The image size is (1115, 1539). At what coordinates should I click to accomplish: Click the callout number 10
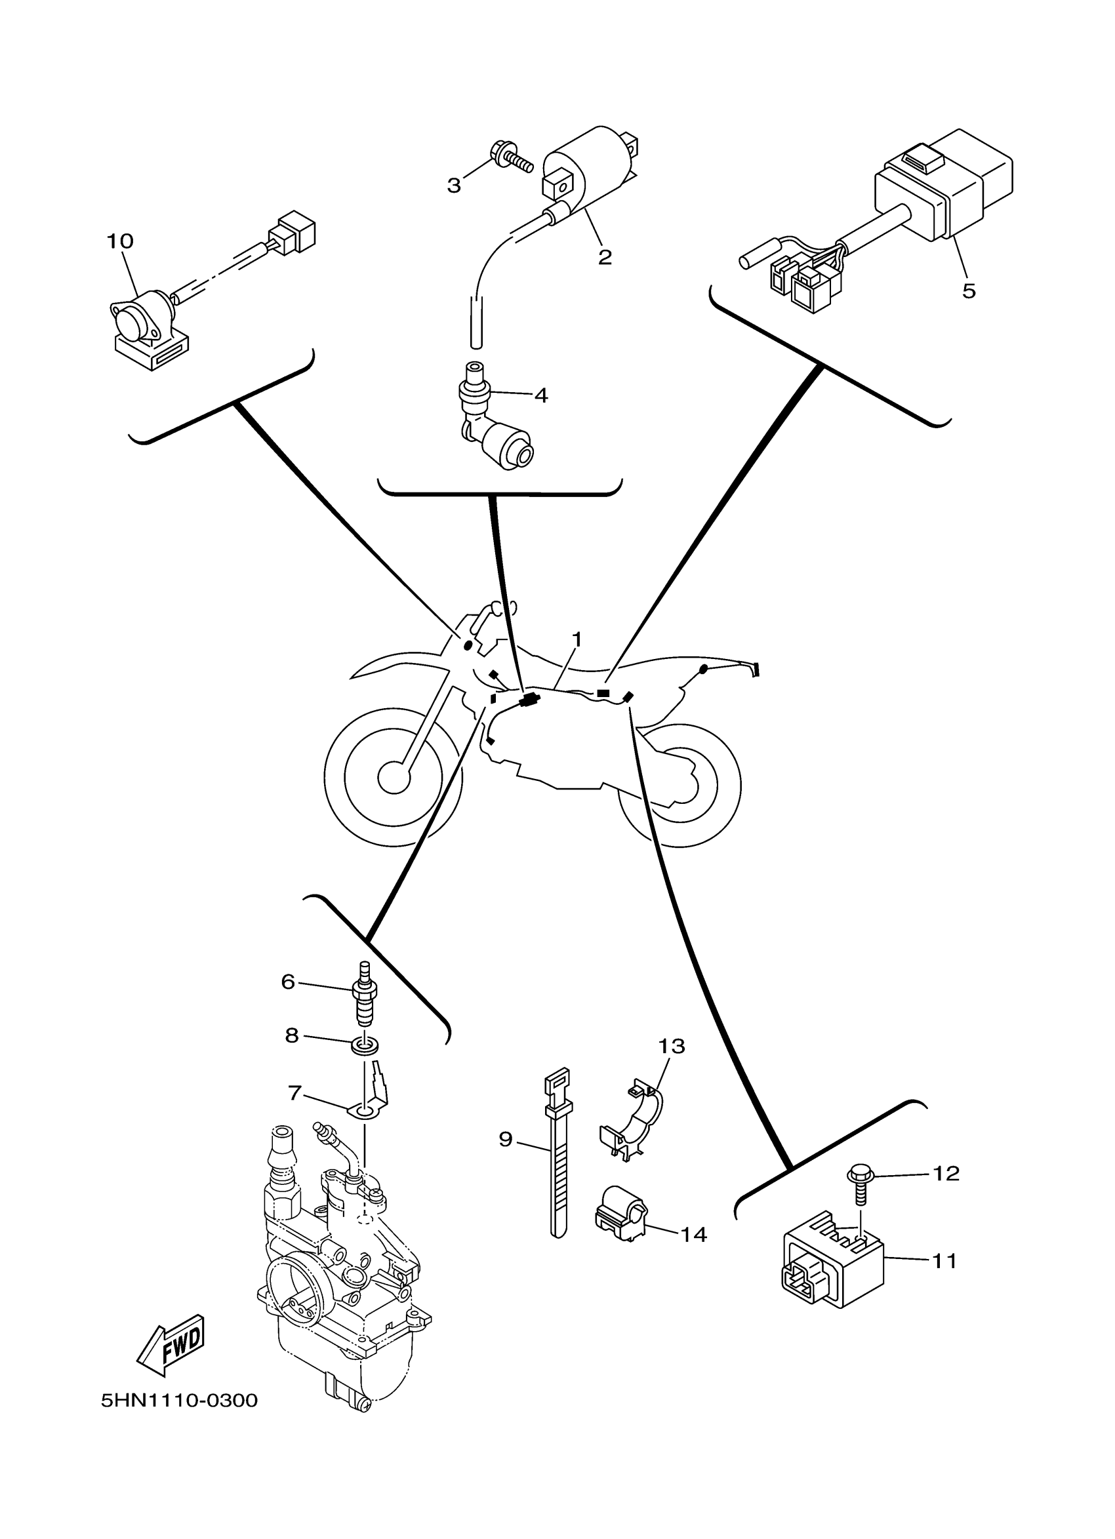pyautogui.click(x=119, y=241)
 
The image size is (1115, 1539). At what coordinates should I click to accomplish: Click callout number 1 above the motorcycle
pyautogui.click(x=577, y=639)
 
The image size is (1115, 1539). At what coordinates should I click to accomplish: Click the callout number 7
pyautogui.click(x=294, y=1093)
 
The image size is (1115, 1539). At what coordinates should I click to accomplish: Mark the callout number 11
pyautogui.click(x=944, y=1261)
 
